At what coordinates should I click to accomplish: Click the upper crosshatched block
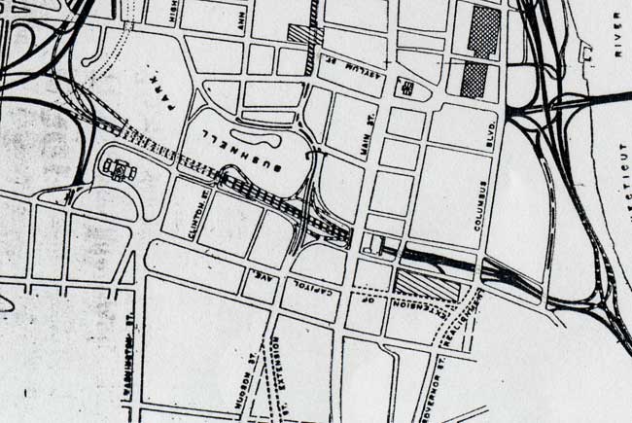pyautogui.click(x=484, y=31)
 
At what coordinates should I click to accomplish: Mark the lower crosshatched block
pyautogui.click(x=474, y=80)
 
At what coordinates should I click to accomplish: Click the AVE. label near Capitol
pyautogui.click(x=263, y=281)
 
